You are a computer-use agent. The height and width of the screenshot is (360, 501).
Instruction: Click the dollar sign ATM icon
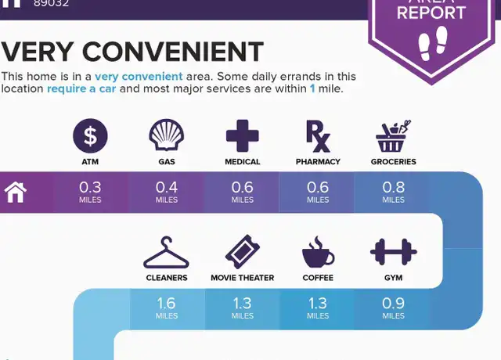[90, 135]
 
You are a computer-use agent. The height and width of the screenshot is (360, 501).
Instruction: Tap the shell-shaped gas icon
[167, 135]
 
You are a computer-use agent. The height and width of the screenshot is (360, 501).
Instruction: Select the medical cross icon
[242, 135]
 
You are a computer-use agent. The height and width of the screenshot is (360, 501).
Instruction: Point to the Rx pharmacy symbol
[318, 136]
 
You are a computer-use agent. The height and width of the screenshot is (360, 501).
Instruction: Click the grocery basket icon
[393, 136]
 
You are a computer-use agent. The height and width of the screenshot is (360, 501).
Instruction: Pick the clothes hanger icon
[166, 252]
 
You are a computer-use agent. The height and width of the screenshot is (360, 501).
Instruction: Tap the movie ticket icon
[243, 252]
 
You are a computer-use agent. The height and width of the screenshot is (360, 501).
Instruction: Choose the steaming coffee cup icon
[319, 252]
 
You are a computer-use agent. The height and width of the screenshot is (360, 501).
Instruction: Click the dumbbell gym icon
[393, 252]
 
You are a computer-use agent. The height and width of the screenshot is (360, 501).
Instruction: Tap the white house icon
[16, 193]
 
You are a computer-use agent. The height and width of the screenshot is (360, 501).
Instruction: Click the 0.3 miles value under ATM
[90, 192]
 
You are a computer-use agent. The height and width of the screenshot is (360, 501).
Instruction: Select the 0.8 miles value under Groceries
[393, 192]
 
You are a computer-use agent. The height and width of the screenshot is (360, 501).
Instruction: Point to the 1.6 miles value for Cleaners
[167, 308]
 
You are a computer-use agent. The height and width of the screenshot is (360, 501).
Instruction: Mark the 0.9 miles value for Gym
[393, 308]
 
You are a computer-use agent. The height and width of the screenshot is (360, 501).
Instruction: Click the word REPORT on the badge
[431, 13]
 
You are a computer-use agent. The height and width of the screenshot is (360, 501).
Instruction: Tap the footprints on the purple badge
[433, 44]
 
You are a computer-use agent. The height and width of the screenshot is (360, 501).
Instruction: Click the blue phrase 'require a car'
[81, 88]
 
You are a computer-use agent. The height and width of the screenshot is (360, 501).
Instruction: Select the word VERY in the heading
[38, 52]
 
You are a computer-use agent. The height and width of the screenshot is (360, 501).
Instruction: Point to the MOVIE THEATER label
[243, 278]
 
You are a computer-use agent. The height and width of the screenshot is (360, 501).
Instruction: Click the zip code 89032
[51, 3]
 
